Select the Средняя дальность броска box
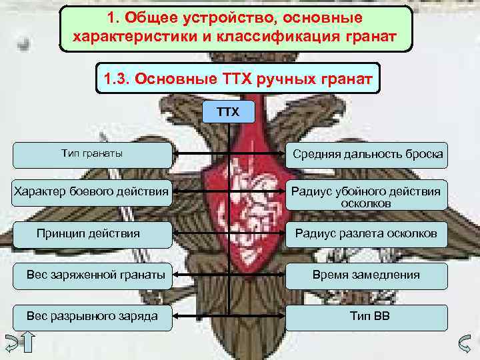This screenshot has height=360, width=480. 367,155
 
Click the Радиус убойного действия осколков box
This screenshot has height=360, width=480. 367,197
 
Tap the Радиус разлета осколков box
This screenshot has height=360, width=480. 367,233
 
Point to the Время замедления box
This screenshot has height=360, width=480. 367,275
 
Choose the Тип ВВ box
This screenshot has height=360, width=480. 367,316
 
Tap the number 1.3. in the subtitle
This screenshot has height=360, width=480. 117,80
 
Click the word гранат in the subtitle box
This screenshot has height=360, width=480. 346,80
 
